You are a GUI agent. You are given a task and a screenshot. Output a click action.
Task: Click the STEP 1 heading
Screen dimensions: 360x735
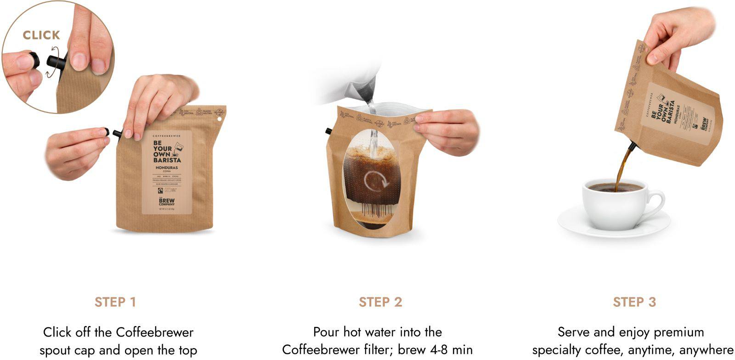click(x=115, y=302)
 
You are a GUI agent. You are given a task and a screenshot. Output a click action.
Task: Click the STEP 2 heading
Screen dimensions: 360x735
click(x=380, y=302)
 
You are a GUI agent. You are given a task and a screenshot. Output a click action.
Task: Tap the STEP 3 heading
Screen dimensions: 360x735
click(x=634, y=302)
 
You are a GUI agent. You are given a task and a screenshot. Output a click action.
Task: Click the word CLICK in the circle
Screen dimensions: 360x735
click(x=41, y=35)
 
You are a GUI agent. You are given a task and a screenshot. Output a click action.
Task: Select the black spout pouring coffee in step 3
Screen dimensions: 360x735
click(x=633, y=147)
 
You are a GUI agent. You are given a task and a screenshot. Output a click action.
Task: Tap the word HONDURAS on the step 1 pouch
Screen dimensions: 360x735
click(x=166, y=168)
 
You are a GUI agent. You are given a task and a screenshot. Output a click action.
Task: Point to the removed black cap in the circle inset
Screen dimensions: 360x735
click(x=33, y=60)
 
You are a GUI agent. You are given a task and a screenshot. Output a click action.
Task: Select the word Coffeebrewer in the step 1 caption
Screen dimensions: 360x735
click(x=154, y=332)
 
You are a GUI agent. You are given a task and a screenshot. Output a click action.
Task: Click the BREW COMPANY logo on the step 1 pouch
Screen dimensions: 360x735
click(x=166, y=201)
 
